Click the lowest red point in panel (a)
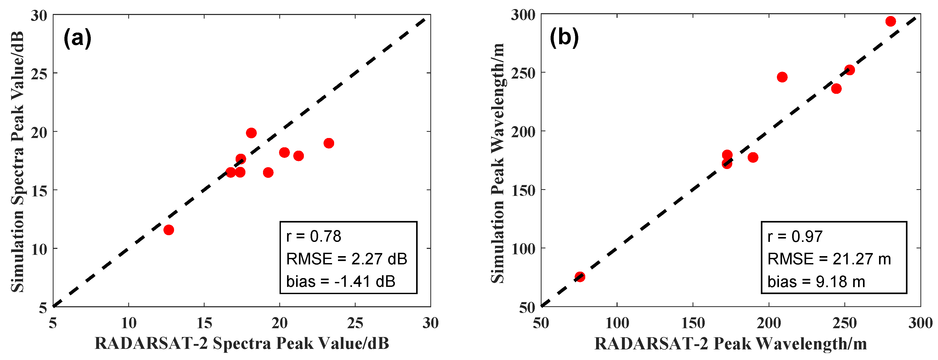[169, 230]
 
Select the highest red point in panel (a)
[251, 133]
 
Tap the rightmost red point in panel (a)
[329, 143]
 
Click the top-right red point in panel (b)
[891, 21]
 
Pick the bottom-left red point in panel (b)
[580, 277]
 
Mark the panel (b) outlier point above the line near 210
[782, 77]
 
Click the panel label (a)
[77, 38]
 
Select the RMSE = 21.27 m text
[829, 259]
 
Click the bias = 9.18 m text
[816, 282]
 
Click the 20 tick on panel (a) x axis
[279, 323]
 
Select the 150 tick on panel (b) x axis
[693, 323]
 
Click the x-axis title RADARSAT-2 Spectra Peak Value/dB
[242, 343]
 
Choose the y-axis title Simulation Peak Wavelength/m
[498, 163]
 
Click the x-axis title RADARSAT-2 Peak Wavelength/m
[730, 343]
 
